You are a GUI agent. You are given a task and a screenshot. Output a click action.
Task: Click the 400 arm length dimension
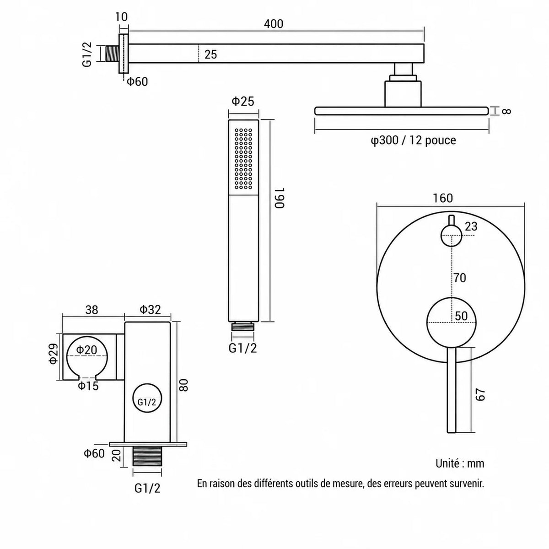click(273, 24)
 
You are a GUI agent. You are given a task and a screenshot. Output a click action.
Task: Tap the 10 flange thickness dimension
click(122, 17)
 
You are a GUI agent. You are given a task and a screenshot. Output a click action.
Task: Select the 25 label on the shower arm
click(210, 54)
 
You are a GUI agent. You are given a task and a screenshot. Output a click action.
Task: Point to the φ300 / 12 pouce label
click(413, 140)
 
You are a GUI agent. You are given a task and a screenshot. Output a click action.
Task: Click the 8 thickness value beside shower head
click(506, 111)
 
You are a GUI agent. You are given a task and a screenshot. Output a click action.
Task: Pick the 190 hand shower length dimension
click(279, 198)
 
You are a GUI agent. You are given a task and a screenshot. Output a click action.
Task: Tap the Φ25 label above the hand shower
click(243, 102)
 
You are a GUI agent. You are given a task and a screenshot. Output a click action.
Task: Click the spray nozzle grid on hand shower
click(243, 159)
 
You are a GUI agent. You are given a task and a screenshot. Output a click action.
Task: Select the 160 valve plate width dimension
click(442, 198)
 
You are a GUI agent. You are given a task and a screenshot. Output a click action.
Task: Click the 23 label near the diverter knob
click(471, 226)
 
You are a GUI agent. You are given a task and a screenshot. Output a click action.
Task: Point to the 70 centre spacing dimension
click(459, 278)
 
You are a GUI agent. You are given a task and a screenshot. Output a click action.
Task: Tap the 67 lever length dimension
click(480, 394)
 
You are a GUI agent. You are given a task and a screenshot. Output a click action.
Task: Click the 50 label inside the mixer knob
click(461, 316)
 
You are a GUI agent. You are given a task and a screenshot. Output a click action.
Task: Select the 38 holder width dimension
click(92, 310)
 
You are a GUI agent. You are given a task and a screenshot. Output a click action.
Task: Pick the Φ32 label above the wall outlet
click(150, 310)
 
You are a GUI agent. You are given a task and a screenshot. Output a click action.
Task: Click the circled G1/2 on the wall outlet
click(147, 402)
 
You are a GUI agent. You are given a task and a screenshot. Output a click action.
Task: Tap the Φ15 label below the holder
click(88, 386)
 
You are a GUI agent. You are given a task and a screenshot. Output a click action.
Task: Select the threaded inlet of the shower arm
click(112, 53)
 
